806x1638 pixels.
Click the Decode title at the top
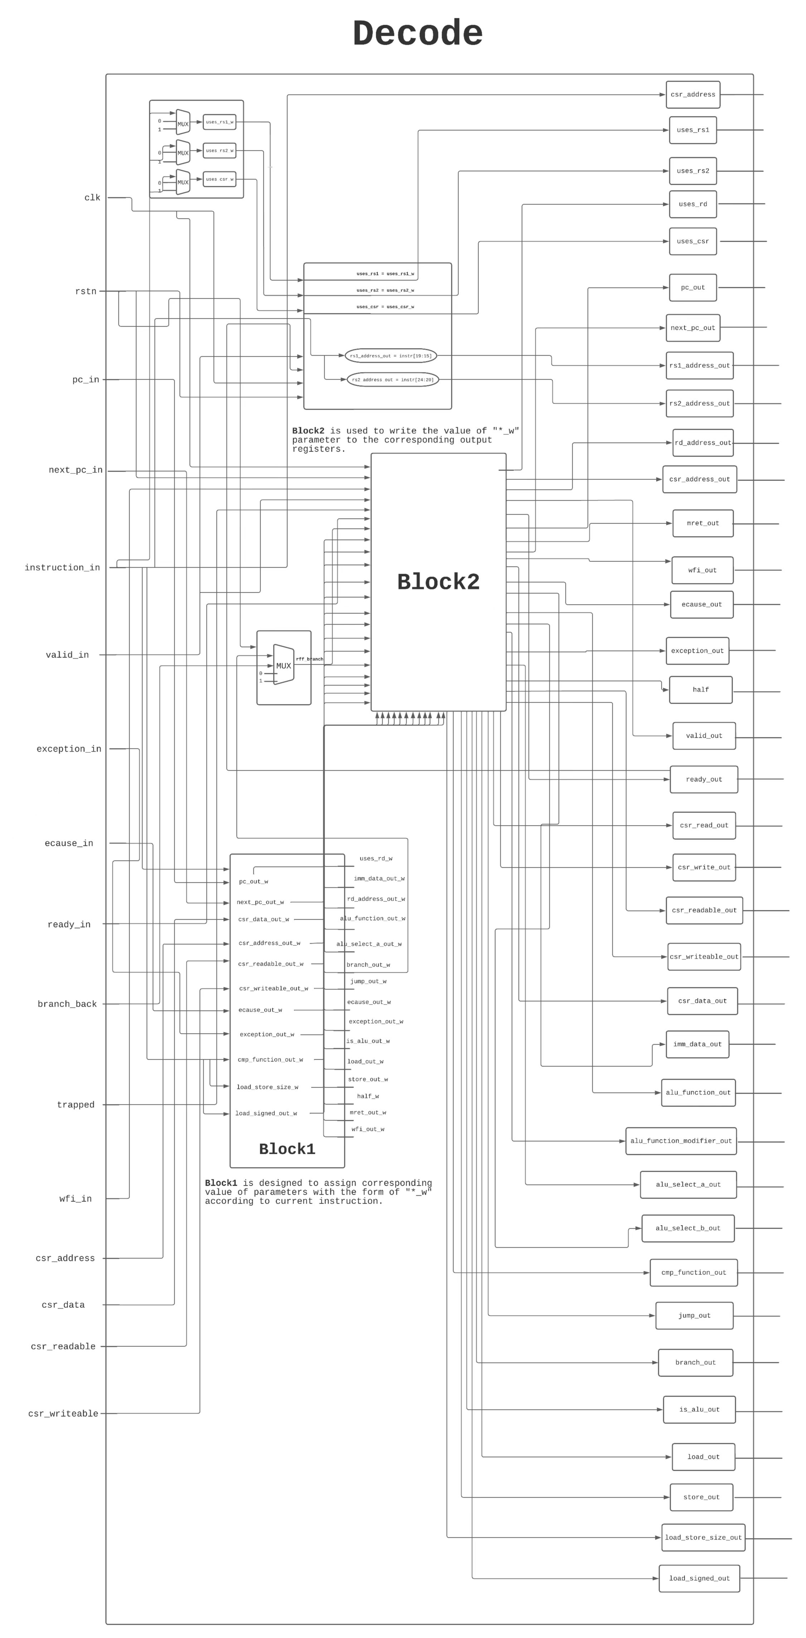(418, 33)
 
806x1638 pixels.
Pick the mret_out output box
(703, 523)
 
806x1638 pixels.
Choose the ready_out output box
(704, 780)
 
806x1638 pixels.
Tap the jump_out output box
(694, 1316)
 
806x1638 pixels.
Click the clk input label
(92, 198)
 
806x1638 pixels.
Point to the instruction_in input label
(62, 568)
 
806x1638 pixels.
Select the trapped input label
(76, 1105)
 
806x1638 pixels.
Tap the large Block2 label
(438, 582)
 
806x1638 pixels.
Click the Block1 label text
(287, 1149)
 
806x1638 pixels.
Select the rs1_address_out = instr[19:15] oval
(390, 356)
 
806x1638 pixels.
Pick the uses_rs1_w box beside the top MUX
(219, 122)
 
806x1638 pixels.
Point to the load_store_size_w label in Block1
(267, 1087)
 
